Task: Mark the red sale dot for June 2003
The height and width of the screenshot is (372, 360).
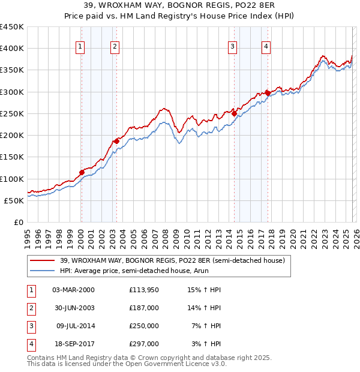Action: pyautogui.click(x=117, y=141)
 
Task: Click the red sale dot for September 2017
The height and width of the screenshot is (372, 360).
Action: pyautogui.click(x=268, y=93)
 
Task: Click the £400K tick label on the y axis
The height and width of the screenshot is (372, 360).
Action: pyautogui.click(x=12, y=49)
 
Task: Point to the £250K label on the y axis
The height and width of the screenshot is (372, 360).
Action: pyautogui.click(x=12, y=113)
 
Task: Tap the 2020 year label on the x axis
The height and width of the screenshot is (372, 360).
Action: pyautogui.click(x=292, y=234)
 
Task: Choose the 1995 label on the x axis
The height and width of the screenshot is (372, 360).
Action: pyautogui.click(x=28, y=234)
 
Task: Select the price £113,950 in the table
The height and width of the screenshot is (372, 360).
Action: pyautogui.click(x=143, y=290)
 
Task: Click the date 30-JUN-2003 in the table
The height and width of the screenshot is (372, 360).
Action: pyautogui.click(x=73, y=308)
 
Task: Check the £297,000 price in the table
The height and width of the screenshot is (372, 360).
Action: pyautogui.click(x=143, y=344)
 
